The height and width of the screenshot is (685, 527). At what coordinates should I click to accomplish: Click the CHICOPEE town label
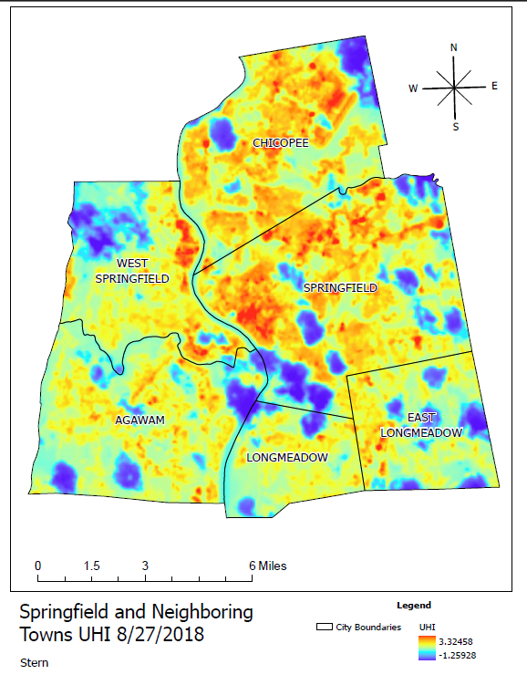click(x=281, y=143)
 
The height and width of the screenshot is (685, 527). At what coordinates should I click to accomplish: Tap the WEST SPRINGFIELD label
click(x=132, y=271)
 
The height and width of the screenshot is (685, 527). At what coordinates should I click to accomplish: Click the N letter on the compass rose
click(x=454, y=48)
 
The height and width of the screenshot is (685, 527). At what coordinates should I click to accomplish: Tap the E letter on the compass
click(x=494, y=86)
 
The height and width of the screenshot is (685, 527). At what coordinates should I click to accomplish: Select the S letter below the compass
click(x=456, y=127)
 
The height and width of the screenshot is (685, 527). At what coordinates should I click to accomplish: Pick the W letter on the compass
click(x=413, y=88)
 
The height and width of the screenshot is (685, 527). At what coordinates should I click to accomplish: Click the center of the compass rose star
click(x=454, y=88)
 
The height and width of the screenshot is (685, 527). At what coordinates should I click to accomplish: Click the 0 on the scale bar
click(x=38, y=566)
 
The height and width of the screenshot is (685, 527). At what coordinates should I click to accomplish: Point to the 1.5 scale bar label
click(x=92, y=566)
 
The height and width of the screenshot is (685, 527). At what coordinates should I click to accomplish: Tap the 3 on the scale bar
click(x=145, y=566)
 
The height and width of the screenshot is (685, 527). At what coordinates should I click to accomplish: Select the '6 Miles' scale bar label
click(x=269, y=566)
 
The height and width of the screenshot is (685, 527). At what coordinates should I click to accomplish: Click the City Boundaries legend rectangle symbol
click(x=322, y=628)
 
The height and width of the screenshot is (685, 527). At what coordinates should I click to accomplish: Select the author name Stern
click(x=34, y=662)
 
